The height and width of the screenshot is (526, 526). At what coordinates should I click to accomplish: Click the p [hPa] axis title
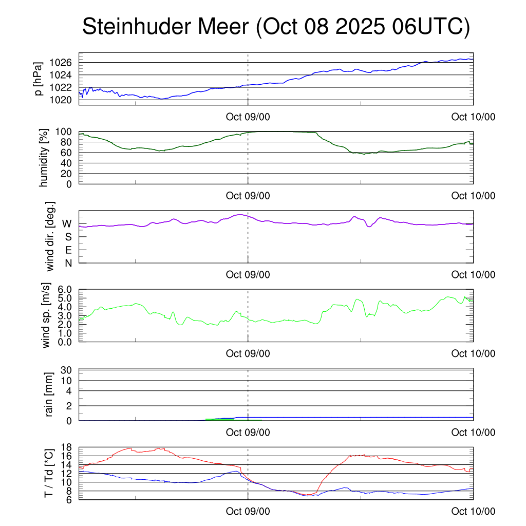point(39,79)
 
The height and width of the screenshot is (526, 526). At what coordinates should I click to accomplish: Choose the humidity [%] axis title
point(44,157)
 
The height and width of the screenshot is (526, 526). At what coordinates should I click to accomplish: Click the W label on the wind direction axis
point(67,223)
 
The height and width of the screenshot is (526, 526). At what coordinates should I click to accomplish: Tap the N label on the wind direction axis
point(68,263)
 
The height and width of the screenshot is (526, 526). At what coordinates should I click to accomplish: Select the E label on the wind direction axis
point(68,250)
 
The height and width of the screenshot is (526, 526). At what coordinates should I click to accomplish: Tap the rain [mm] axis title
point(50,394)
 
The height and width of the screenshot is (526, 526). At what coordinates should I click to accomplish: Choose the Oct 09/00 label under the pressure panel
point(248,117)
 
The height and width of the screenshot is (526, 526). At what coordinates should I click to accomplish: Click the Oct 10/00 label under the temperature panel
point(473,511)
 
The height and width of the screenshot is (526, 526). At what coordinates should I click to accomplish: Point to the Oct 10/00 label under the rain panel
point(473,433)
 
